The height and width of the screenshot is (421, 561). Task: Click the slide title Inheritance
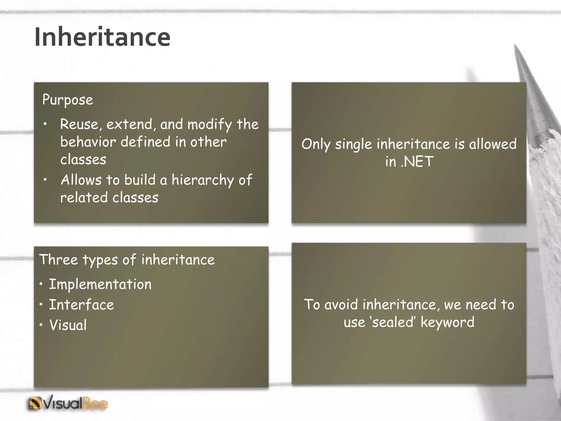pos(102,37)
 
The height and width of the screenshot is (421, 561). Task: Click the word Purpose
pos(68,100)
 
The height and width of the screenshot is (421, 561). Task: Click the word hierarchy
pos(202,180)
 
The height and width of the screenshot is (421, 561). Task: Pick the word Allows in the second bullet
pos(81,180)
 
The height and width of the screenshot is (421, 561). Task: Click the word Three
pos(59,260)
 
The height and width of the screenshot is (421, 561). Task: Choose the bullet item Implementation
pos(100,284)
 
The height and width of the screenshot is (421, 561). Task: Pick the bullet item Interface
pos(81,305)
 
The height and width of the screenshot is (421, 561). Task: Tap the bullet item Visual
pos(68,325)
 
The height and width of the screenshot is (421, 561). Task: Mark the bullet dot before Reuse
pos(45,124)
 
